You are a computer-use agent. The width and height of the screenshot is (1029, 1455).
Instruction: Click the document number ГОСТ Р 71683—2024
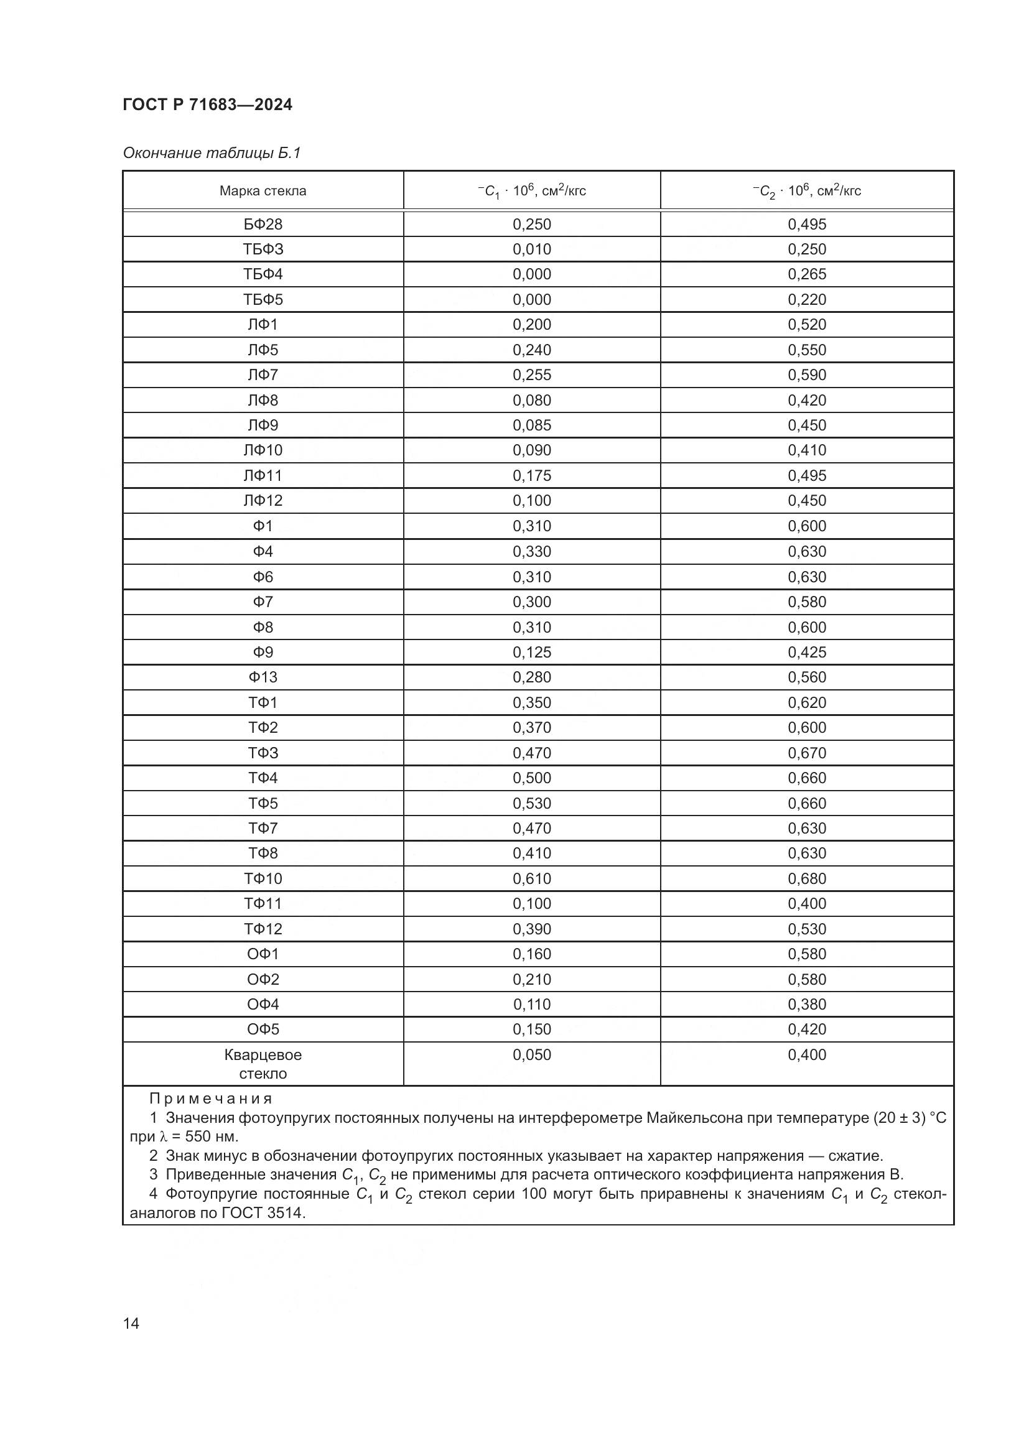click(x=207, y=105)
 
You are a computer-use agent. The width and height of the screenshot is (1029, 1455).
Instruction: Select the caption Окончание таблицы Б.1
click(x=211, y=153)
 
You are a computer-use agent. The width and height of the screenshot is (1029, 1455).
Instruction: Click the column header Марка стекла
click(x=263, y=191)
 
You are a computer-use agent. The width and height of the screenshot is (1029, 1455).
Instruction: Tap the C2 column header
click(x=807, y=191)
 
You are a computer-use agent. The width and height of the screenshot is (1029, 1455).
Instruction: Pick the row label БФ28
click(x=263, y=225)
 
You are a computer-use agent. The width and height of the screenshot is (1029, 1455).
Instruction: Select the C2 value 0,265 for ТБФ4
click(x=807, y=274)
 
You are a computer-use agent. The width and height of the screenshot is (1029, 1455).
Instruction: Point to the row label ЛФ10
click(x=263, y=450)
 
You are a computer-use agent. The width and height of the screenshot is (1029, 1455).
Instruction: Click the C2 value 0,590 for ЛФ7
click(x=807, y=375)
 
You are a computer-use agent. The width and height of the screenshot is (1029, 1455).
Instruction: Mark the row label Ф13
click(x=263, y=677)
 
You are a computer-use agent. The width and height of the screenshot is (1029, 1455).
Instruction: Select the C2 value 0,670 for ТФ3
click(x=807, y=753)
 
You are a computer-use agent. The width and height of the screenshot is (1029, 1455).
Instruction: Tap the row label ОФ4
click(x=263, y=1005)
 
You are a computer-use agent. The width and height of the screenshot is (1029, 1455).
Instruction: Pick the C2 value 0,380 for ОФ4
click(x=807, y=1005)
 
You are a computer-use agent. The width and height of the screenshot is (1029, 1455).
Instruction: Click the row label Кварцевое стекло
click(x=263, y=1064)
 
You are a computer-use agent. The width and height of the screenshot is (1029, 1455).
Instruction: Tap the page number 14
click(x=131, y=1323)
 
